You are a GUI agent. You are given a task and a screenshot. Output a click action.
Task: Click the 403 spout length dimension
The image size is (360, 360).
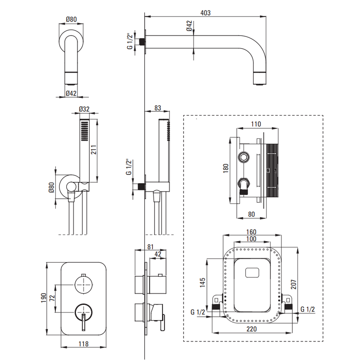pos(205,13)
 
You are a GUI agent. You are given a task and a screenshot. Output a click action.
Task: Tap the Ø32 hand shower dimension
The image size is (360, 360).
pos(84,109)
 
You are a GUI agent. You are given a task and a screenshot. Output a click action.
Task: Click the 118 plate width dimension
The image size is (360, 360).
pos(83,344)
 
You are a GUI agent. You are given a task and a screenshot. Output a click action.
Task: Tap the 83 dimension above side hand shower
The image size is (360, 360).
pos(157,107)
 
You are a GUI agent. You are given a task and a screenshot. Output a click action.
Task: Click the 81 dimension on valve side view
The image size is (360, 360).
pos(150,247)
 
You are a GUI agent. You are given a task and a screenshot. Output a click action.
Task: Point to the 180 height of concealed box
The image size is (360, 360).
pos(226,168)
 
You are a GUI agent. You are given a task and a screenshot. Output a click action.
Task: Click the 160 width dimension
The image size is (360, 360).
pos(251,232)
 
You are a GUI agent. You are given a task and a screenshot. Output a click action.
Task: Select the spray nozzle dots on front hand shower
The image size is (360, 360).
pos(85,131)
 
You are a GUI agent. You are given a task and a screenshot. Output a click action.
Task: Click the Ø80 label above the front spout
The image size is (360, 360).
pos(71,20)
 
